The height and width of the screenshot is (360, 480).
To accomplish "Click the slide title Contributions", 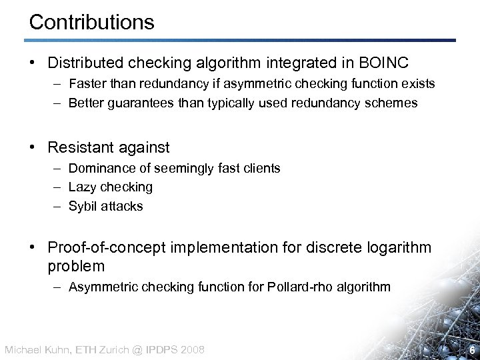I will [x=92, y=22].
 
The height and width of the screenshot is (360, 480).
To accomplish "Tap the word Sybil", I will [x=83, y=206].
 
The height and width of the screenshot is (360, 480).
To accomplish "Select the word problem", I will [x=76, y=266].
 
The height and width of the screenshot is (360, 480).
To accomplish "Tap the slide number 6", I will [x=472, y=350].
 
